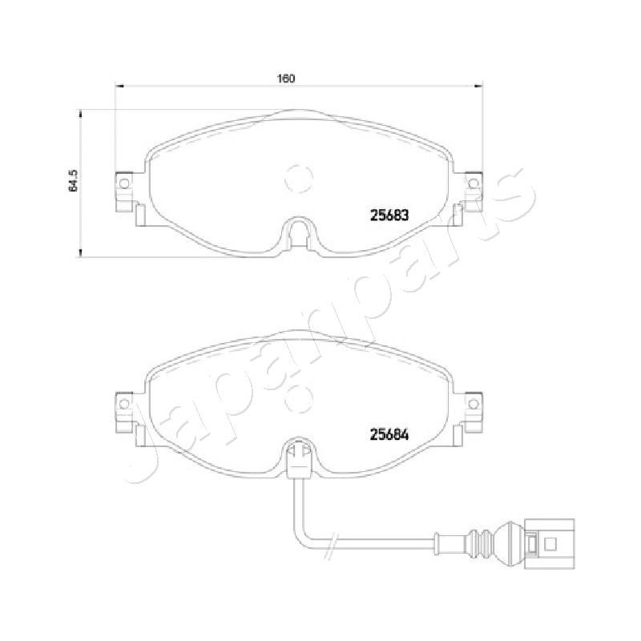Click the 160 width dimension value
(286, 79)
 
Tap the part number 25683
(389, 215)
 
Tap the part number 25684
(389, 435)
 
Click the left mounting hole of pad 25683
(124, 184)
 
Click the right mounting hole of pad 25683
(473, 184)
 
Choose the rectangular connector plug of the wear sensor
(548, 545)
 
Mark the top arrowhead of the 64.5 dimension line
(80, 113)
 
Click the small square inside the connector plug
(550, 545)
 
